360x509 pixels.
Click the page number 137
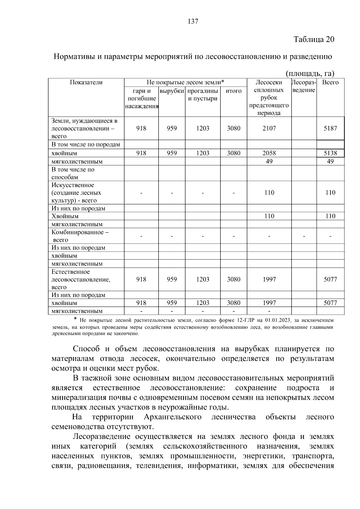[193, 22]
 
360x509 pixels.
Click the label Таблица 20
[313, 39]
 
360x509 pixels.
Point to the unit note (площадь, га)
[310, 73]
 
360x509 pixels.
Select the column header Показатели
[86, 82]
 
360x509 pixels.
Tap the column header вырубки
[172, 91]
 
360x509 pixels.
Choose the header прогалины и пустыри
[202, 94]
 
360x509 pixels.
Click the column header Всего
[330, 82]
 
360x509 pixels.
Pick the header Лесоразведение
[304, 86]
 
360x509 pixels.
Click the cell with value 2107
[269, 128]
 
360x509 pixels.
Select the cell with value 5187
[330, 128]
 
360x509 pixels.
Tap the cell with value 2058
[269, 153]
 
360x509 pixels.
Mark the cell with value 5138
[330, 153]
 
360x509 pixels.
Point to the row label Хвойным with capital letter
[65, 216]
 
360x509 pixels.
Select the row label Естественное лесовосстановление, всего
[81, 280]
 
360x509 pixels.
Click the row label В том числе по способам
[73, 173]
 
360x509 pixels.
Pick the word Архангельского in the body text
[172, 417]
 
